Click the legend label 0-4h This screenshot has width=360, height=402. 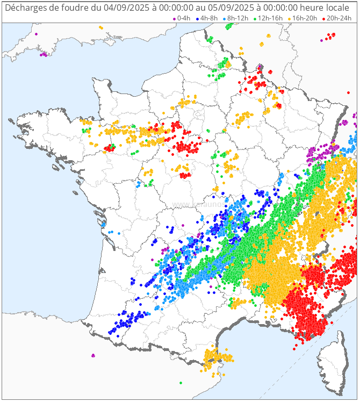tap(184, 18)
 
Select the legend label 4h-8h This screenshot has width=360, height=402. tap(209, 18)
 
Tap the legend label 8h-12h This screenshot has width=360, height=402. tap(238, 18)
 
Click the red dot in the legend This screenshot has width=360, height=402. tap(323, 19)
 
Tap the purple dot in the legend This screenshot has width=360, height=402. tap(174, 19)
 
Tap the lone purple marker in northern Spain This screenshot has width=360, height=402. tap(93, 355)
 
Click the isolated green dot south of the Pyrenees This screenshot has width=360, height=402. tap(181, 383)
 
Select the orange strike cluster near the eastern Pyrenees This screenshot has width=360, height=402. tap(215, 357)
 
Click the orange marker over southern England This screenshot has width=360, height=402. tap(100, 27)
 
